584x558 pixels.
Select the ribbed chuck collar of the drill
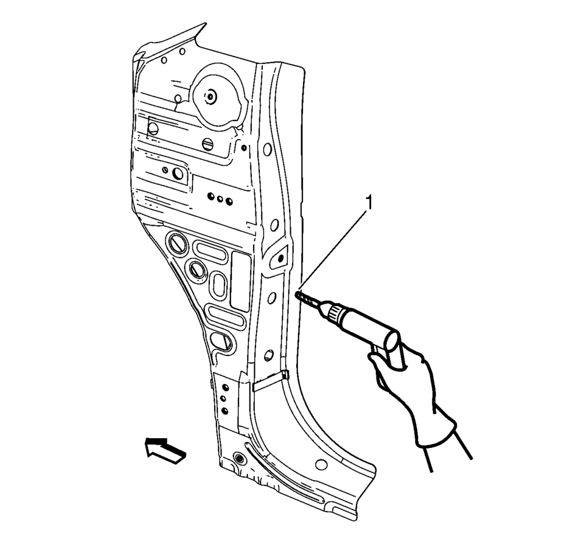click(333, 313)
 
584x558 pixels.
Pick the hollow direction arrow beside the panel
click(164, 450)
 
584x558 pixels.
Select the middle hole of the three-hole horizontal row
click(219, 198)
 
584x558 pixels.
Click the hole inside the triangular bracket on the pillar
click(280, 258)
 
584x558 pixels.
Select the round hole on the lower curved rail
click(321, 466)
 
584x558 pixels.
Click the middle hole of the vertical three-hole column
click(224, 399)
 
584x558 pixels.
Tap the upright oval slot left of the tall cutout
click(218, 285)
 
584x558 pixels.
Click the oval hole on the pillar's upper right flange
click(267, 148)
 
